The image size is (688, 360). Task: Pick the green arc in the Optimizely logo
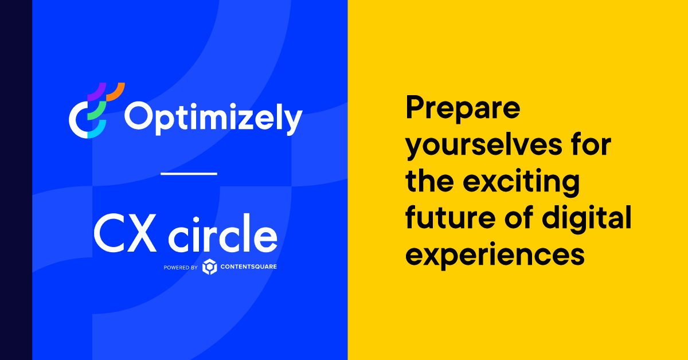tap(97, 109)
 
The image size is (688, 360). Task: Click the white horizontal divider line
tap(189, 173)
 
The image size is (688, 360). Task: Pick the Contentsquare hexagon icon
tap(210, 267)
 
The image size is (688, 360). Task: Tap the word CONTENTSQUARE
tap(249, 267)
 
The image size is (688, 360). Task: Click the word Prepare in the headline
tap(463, 109)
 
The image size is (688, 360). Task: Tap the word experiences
tap(495, 256)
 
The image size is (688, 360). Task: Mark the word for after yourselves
tap(590, 146)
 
